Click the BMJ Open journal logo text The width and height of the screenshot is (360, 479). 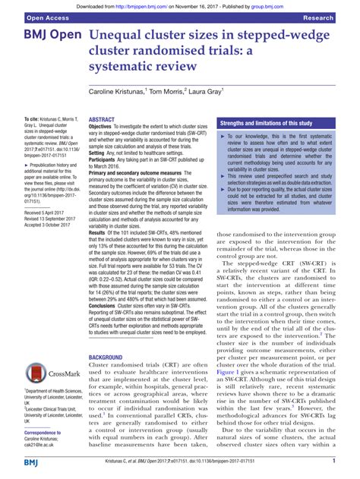(x=47, y=38)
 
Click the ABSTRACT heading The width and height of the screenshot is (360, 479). (x=103, y=120)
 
